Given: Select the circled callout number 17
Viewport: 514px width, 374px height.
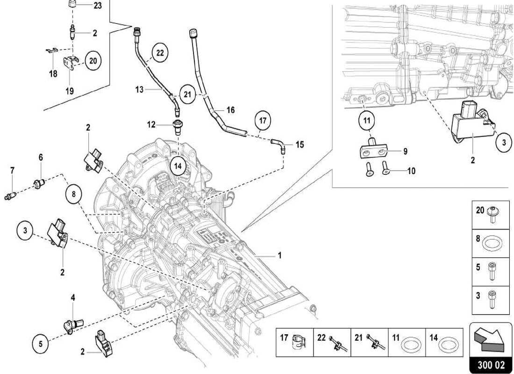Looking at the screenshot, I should pos(263,121).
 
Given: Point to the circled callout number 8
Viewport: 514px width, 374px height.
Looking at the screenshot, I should pos(74,193).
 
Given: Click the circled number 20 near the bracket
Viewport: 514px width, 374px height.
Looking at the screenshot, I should pos(93,61).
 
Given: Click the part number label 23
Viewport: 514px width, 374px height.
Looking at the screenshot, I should pos(97,6).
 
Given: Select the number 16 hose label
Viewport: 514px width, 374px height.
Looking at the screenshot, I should pos(230,110).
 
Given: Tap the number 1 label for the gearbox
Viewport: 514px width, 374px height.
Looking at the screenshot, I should pos(279,256).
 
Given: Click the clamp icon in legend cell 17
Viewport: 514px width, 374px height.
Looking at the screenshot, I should pos(297,343).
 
